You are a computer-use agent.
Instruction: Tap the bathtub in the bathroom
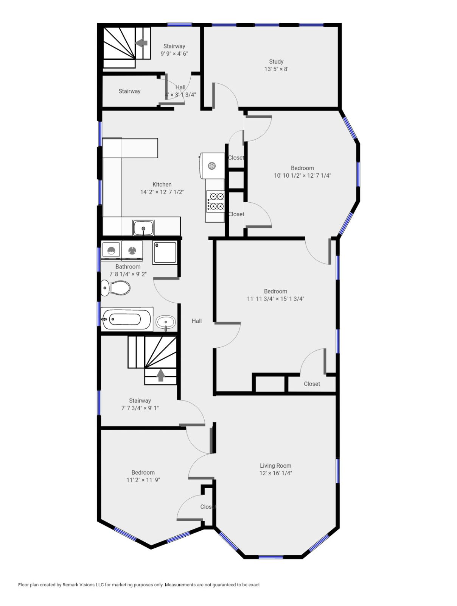pos(127,319)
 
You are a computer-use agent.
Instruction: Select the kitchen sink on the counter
pos(143,228)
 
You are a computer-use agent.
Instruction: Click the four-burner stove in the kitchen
pos(215,201)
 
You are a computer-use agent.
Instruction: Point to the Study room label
pos(276,61)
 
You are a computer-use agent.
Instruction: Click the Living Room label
pos(275,466)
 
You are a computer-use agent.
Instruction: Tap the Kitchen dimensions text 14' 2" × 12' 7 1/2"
pos(162,192)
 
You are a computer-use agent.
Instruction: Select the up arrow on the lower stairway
pos(161,375)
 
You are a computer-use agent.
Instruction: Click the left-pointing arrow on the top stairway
pos(141,43)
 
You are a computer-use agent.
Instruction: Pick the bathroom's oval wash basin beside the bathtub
pos(165,323)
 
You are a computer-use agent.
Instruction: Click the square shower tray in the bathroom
pos(165,252)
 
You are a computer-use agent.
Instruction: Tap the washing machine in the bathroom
pos(111,250)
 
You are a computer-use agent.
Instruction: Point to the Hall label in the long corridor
pos(196,321)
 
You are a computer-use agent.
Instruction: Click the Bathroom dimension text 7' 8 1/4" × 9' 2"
pos(128,274)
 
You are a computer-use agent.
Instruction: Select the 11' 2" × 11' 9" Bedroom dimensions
pos(143,480)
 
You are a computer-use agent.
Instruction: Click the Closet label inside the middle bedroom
pos(312,384)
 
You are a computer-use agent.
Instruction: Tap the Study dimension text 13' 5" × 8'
pos(276,69)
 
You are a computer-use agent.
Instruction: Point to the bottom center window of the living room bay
pos(270,557)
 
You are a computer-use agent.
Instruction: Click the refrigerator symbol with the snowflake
pos(212,166)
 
